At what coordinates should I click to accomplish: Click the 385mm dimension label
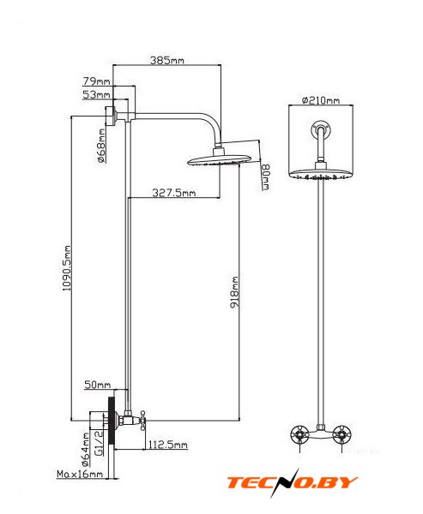[x=166, y=60]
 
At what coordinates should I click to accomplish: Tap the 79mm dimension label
[x=96, y=81]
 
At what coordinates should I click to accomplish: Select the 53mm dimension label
[x=96, y=95]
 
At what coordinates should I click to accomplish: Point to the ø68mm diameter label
[x=102, y=146]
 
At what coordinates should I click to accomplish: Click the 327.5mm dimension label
[x=173, y=193]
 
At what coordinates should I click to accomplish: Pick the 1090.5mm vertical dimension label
[x=67, y=268]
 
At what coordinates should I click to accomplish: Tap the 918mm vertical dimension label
[x=234, y=292]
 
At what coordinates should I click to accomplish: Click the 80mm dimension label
[x=265, y=177]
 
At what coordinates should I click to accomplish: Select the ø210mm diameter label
[x=321, y=100]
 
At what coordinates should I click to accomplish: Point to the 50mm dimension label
[x=98, y=385]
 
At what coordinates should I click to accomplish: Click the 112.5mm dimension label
[x=168, y=445]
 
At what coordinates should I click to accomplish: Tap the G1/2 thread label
[x=99, y=443]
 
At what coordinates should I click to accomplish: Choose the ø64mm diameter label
[x=86, y=450]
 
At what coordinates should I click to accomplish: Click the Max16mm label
[x=80, y=474]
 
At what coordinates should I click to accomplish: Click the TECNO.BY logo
[x=292, y=482]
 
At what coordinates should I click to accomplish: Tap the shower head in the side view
[x=220, y=157]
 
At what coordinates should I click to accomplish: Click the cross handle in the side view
[x=142, y=421]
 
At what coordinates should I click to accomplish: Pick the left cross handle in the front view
[x=299, y=434]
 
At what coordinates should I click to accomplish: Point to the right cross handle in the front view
[x=341, y=434]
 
